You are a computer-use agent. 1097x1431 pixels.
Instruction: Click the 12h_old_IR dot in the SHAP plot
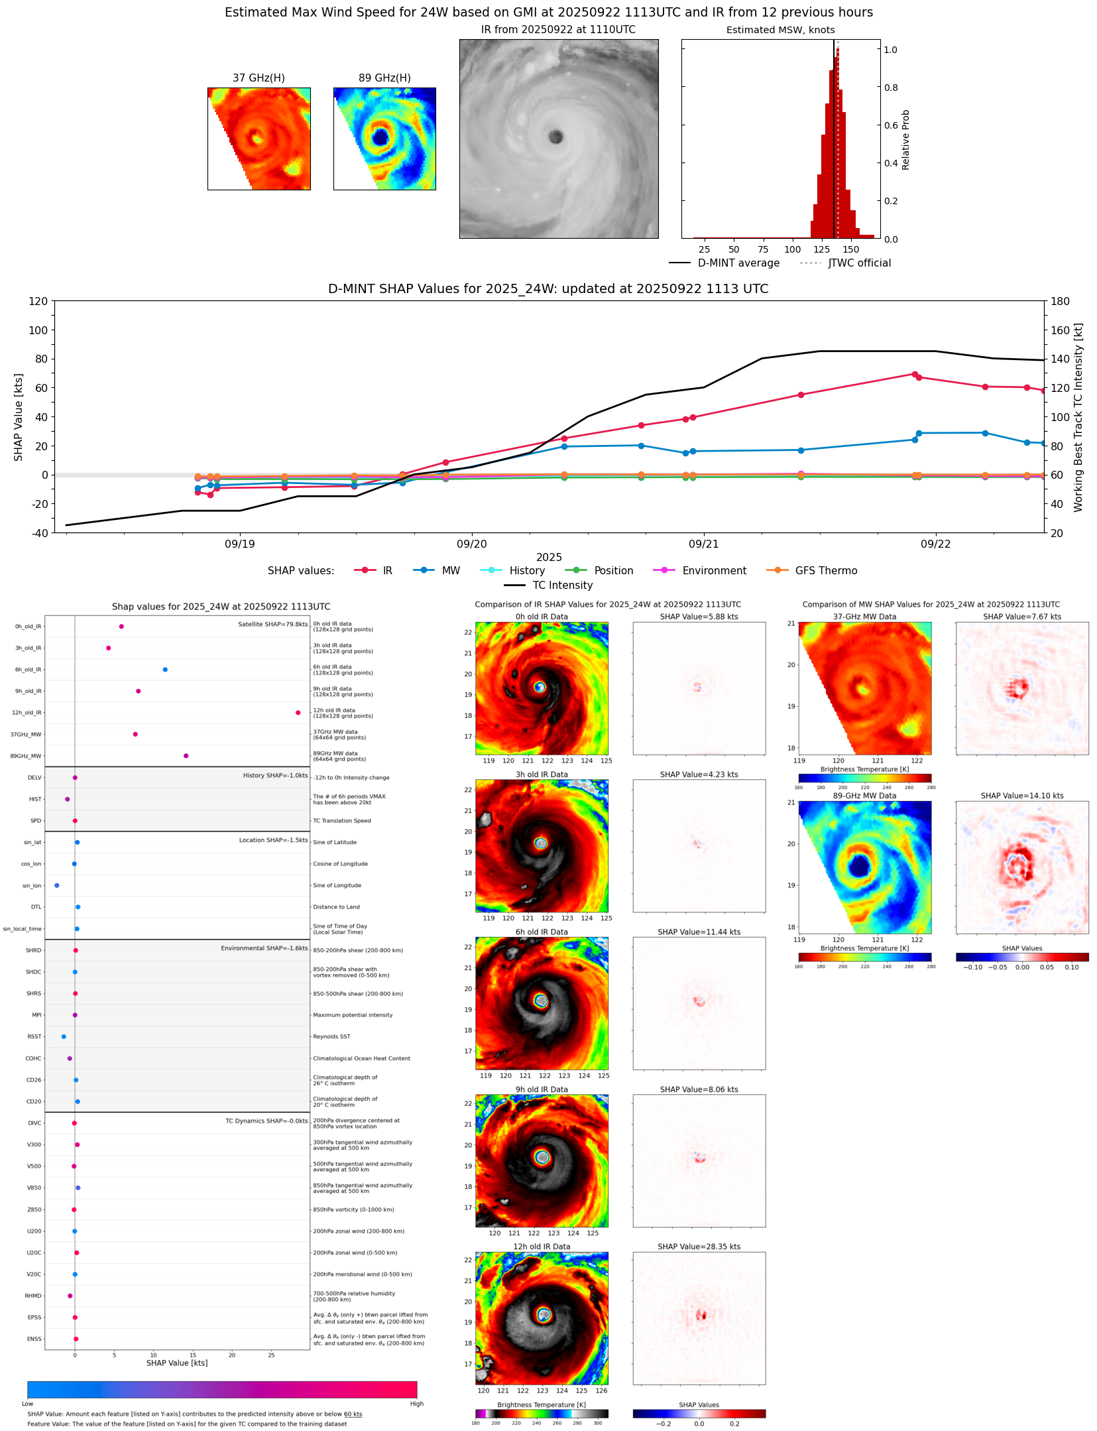point(298,712)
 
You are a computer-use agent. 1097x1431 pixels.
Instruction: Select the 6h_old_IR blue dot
point(165,669)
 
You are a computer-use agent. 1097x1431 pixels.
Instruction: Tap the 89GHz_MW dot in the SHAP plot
point(186,755)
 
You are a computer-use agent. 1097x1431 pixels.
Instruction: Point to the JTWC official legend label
point(859,263)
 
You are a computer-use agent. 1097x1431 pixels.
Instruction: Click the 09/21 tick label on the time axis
point(703,544)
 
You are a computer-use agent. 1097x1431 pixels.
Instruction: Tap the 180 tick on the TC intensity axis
point(1060,301)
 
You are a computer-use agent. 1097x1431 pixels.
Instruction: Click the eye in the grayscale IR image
point(555,137)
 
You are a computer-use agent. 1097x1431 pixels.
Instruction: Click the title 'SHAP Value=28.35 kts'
point(699,1247)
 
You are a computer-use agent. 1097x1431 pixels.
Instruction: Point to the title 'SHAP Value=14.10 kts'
point(1021,796)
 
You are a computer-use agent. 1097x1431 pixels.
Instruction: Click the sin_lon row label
point(32,885)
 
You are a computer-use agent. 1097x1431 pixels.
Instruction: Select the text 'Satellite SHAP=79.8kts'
point(272,624)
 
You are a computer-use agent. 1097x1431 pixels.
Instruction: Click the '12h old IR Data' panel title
point(542,1247)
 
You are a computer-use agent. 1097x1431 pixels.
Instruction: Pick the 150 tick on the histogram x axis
point(850,249)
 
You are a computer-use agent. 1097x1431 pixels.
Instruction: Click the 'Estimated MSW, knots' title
point(780,30)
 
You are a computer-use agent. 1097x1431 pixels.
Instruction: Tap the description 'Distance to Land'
point(336,906)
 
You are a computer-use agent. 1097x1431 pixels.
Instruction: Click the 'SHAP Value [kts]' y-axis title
point(19,417)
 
